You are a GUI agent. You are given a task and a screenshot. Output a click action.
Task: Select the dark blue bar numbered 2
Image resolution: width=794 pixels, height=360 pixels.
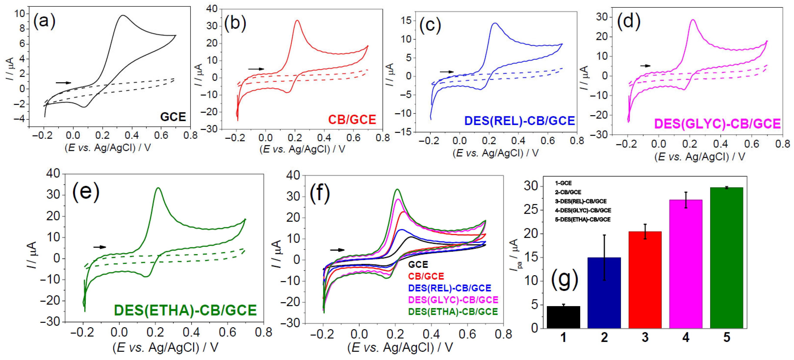[604, 293]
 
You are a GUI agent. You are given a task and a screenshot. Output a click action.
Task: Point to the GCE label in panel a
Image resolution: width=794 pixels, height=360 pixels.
[173, 117]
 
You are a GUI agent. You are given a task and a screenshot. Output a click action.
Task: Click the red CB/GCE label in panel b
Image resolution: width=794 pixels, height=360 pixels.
[352, 120]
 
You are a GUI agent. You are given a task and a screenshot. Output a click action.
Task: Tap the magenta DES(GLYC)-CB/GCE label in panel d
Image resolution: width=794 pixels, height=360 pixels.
[717, 124]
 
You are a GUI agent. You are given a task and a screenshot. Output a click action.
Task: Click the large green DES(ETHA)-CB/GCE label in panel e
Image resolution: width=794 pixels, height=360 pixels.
[185, 310]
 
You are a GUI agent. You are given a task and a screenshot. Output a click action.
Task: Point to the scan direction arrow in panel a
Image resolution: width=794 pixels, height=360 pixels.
[63, 83]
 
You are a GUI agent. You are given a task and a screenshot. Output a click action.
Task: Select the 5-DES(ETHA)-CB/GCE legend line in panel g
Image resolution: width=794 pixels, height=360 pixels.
[583, 219]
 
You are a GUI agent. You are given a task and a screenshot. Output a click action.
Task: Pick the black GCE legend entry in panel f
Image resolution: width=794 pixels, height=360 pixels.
[418, 264]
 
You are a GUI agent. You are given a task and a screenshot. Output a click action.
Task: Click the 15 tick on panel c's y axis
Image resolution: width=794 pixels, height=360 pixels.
[406, 20]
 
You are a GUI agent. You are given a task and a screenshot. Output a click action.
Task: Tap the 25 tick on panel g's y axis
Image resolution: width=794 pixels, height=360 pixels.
[531, 210]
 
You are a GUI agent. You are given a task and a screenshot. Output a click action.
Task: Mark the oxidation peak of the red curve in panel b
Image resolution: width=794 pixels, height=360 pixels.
[297, 20]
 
